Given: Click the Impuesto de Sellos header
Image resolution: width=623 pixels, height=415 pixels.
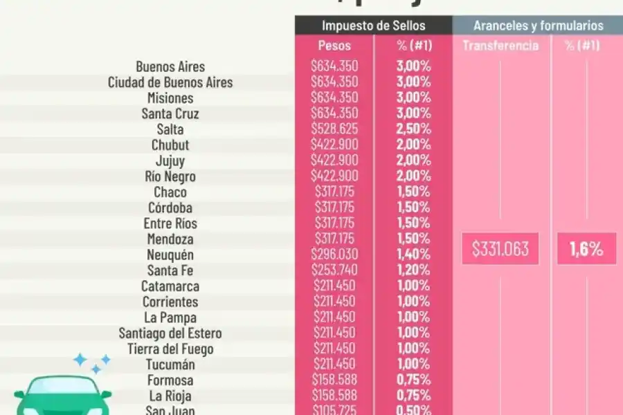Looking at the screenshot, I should (x=373, y=26).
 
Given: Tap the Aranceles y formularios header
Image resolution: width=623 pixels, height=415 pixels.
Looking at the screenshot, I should (x=538, y=26).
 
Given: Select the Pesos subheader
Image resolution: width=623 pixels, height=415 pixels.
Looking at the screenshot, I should (x=334, y=46).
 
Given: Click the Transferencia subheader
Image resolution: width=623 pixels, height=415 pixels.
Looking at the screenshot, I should (x=500, y=46).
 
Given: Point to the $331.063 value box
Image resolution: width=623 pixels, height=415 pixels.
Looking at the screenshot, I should (x=500, y=249).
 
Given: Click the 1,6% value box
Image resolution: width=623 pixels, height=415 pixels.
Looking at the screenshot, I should (x=586, y=249).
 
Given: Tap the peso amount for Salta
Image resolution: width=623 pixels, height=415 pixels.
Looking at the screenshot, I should (x=334, y=129).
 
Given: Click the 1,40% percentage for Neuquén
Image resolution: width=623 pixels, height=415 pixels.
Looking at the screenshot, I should (x=413, y=255).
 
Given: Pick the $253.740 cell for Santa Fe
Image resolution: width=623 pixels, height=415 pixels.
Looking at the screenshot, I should (x=334, y=270).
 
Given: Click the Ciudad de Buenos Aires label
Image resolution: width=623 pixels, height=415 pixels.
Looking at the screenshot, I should (x=170, y=82).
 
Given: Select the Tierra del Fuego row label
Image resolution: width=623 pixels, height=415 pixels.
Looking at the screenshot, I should (x=170, y=349).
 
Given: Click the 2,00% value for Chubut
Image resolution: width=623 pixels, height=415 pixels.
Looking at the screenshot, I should (x=413, y=145).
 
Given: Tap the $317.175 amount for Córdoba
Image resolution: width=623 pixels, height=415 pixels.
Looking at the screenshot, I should (x=334, y=207).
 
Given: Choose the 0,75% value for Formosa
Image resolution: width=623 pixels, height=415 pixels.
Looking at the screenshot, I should (x=413, y=380).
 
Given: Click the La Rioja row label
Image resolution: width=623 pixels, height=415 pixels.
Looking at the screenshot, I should (x=170, y=396).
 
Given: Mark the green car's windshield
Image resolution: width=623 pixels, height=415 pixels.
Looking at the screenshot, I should (x=62, y=388).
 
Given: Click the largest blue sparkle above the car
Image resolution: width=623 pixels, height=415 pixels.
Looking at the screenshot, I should (x=80, y=360).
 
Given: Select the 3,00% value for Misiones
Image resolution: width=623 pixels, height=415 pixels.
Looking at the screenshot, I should (x=413, y=98).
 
